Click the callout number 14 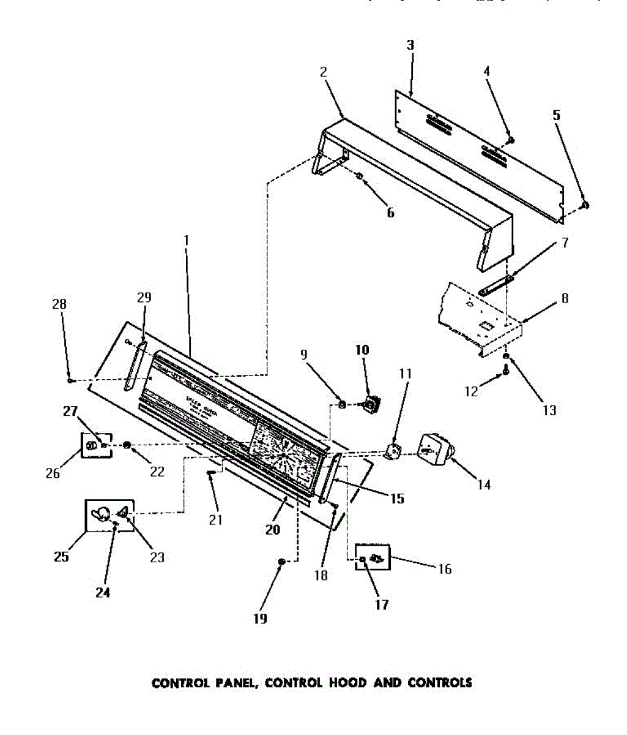click(484, 486)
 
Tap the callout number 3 click(410, 45)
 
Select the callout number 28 click(59, 304)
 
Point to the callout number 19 click(260, 619)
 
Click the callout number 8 click(565, 298)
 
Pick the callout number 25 click(61, 557)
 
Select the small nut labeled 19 click(281, 561)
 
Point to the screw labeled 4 click(511, 140)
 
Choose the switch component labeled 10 click(371, 403)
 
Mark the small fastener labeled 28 click(71, 380)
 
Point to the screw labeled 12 click(506, 371)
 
